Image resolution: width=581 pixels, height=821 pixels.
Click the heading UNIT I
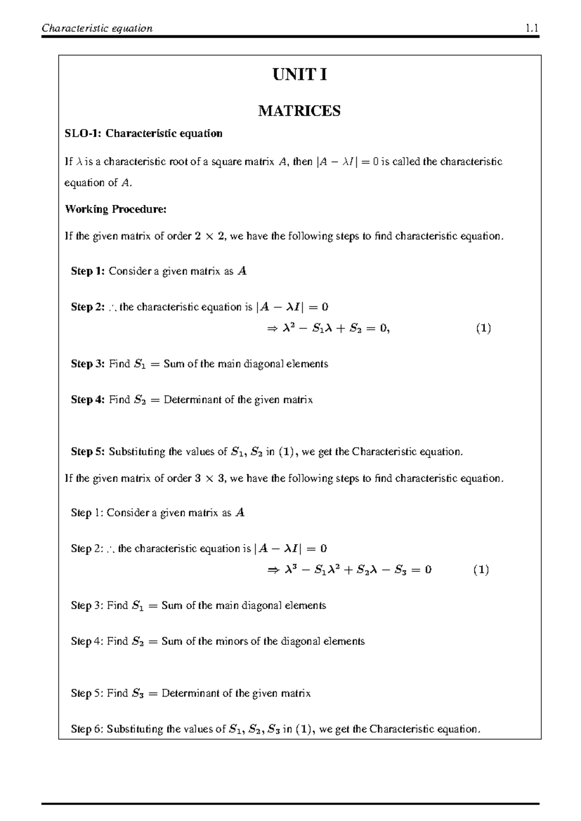coord(300,75)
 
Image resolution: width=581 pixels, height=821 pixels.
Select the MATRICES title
coord(299,111)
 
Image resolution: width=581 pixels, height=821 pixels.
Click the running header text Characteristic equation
coord(97,28)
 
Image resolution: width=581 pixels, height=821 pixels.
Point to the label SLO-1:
coord(83,134)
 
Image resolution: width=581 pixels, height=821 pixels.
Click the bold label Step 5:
coord(88,452)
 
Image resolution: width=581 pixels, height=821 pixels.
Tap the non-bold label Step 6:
coord(87,729)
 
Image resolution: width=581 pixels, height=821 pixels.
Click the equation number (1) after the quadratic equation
coord(483,329)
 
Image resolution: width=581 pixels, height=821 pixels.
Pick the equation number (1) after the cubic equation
coord(481,570)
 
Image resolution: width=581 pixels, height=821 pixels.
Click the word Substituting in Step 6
coord(135,729)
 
